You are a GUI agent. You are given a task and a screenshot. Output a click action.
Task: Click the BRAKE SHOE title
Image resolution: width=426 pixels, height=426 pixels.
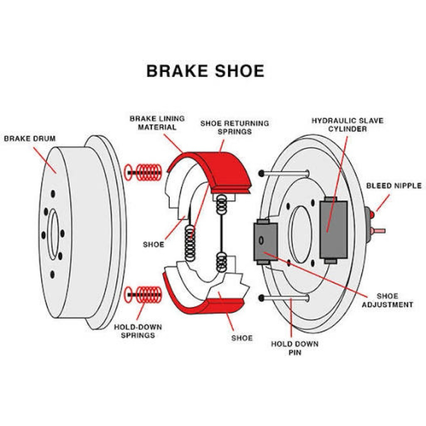pyautogui.click(x=205, y=71)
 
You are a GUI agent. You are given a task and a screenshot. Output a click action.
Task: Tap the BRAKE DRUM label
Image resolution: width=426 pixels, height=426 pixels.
pyautogui.click(x=30, y=138)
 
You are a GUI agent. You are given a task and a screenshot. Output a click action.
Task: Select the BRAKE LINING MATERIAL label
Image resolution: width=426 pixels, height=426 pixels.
pyautogui.click(x=157, y=123)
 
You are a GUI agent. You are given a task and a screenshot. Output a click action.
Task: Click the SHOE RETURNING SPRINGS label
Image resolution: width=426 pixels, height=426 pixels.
pyautogui.click(x=235, y=127)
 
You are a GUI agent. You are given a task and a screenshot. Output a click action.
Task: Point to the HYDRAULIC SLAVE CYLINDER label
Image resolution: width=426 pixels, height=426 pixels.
pyautogui.click(x=347, y=124)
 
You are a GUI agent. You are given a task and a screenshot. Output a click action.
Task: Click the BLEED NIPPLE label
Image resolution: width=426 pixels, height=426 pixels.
pyautogui.click(x=394, y=186)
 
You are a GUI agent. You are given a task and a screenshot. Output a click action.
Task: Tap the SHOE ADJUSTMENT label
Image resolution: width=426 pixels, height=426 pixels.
pyautogui.click(x=387, y=300)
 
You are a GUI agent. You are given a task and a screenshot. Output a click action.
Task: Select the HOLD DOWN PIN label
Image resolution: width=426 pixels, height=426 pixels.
pyautogui.click(x=295, y=348)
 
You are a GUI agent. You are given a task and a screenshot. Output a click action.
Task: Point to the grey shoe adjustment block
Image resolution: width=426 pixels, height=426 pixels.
pyautogui.click(x=265, y=241)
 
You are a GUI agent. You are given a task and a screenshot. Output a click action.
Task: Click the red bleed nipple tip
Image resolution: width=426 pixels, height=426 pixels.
pyautogui.click(x=372, y=215)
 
